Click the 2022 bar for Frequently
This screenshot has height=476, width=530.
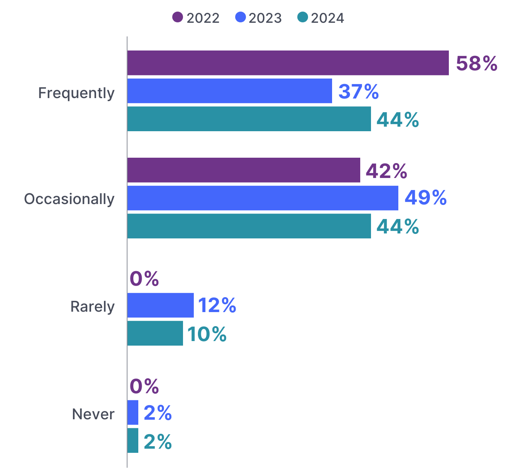point(288,63)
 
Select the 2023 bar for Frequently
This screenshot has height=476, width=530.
point(229,91)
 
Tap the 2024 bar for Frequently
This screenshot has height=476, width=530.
point(249,119)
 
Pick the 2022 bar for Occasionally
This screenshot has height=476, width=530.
point(243,170)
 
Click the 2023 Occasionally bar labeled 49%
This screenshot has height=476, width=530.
point(263,198)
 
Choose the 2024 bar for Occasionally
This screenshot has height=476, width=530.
point(249,226)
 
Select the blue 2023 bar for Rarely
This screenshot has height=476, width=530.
point(160,305)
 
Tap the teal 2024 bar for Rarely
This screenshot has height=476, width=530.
point(155,333)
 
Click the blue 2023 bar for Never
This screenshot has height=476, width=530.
point(133,412)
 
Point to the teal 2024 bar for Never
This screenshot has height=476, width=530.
point(133,440)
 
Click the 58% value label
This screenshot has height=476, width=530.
point(477,64)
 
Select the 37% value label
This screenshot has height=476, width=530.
point(359,91)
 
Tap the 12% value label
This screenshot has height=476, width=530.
point(217,305)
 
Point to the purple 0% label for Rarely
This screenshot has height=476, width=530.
point(145,279)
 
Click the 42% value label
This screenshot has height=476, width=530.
point(386,171)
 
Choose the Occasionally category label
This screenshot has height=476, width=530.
point(69,199)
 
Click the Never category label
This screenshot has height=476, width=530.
point(93,414)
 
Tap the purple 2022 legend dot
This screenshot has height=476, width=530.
point(178,17)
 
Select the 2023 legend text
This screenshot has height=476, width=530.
point(265,18)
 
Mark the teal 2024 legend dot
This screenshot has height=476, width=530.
point(303,17)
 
